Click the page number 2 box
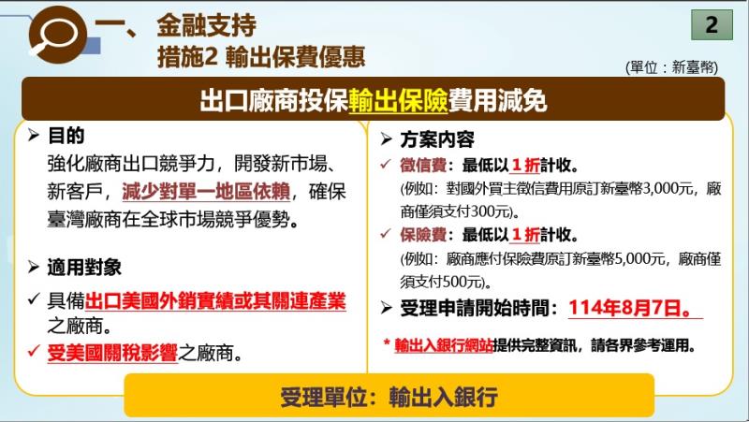[712, 25]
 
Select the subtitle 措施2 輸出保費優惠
[259, 56]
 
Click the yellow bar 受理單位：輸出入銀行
[389, 396]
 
